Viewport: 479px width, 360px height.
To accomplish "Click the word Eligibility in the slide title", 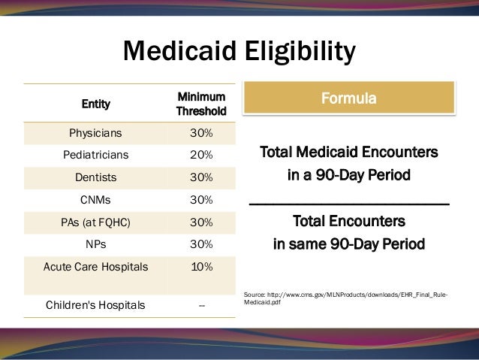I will pyautogui.click(x=296, y=52).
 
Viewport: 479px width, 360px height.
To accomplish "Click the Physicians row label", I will pyautogui.click(x=98, y=133).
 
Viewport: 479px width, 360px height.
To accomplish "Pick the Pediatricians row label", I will pyautogui.click(x=98, y=156).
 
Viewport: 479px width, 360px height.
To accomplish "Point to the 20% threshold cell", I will pyautogui.click(x=200, y=156).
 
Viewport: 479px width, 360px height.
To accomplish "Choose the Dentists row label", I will pyautogui.click(x=98, y=178).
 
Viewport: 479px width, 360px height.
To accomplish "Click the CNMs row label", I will pyautogui.click(x=98, y=201).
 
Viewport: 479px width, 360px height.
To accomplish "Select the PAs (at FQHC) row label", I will pyautogui.click(x=98, y=223).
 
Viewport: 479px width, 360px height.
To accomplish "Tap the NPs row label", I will pyautogui.click(x=98, y=245).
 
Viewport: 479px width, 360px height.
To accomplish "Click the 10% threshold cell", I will pyautogui.click(x=200, y=267).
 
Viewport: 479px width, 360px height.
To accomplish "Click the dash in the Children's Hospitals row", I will pyautogui.click(x=200, y=305).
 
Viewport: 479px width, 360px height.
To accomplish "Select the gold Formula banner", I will pyautogui.click(x=349, y=99).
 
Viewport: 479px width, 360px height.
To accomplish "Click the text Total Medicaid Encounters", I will pyautogui.click(x=349, y=153).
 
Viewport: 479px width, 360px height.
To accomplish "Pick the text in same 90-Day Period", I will pyautogui.click(x=349, y=244).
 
